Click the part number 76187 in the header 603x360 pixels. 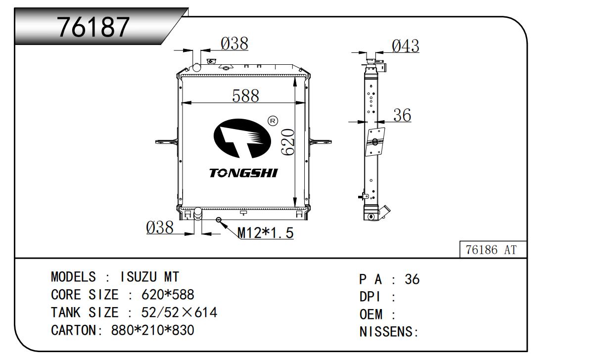pyautogui.click(x=93, y=27)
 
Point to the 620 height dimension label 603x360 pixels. pyautogui.click(x=288, y=142)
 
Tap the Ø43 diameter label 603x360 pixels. pyautogui.click(x=405, y=46)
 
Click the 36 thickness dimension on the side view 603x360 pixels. pyautogui.click(x=402, y=116)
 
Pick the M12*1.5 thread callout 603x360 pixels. pyautogui.click(x=266, y=232)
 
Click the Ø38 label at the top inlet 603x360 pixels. pyautogui.click(x=234, y=44)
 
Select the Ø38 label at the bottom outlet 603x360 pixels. pyautogui.click(x=160, y=228)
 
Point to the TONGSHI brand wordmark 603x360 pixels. pyautogui.click(x=243, y=173)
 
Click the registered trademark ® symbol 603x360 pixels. pyautogui.click(x=272, y=121)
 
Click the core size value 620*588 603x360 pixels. pyautogui.click(x=168, y=295)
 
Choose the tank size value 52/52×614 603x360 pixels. pyautogui.click(x=179, y=313)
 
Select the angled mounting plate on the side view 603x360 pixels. pyautogui.click(x=375, y=142)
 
